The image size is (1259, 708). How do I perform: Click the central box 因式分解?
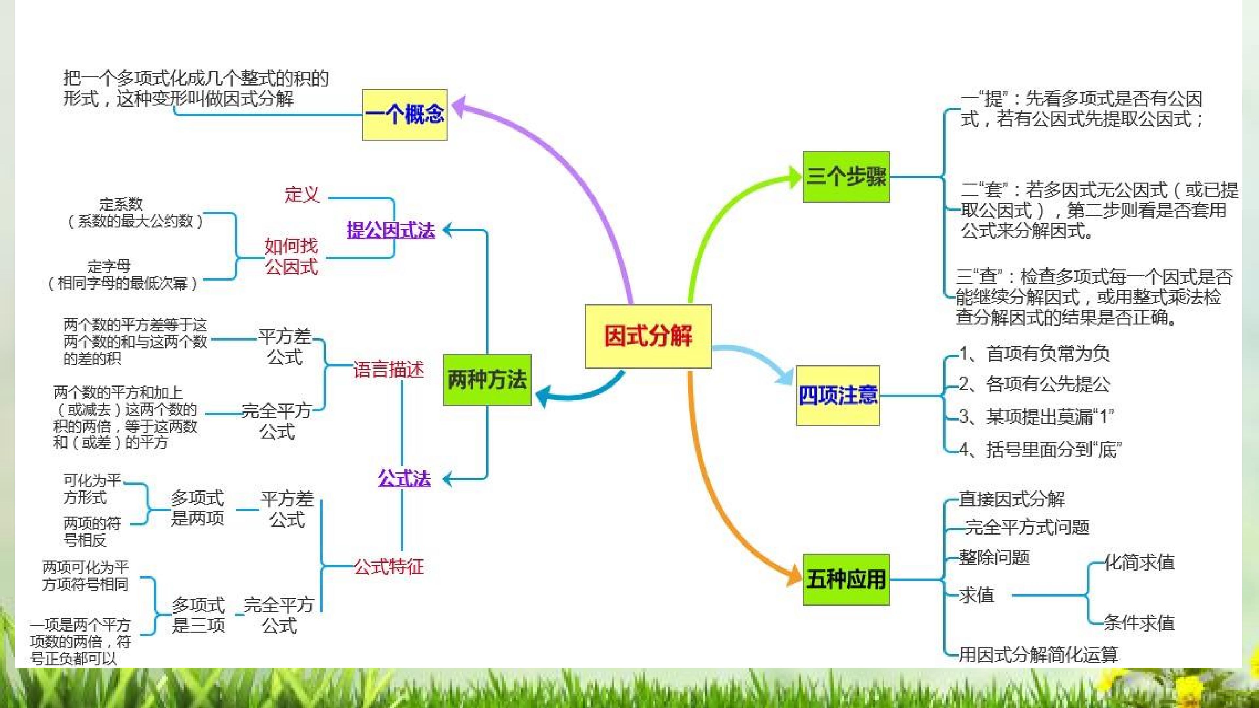click(x=648, y=336)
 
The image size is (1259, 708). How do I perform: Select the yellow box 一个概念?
click(x=405, y=115)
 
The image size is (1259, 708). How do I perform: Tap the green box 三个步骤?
click(x=846, y=176)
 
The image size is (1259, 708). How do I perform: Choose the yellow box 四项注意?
click(x=838, y=395)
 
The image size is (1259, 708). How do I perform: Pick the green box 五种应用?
click(x=846, y=580)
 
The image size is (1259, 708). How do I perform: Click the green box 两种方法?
click(x=487, y=380)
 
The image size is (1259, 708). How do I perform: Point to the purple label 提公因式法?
click(x=390, y=230)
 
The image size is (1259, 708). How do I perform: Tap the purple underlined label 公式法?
click(x=404, y=478)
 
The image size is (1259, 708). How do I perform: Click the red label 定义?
click(x=302, y=194)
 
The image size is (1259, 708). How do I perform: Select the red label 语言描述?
click(x=389, y=369)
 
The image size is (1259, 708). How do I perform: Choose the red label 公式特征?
click(x=389, y=567)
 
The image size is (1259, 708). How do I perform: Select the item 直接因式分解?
click(x=1012, y=499)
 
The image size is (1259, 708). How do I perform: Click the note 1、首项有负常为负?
click(x=1034, y=353)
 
